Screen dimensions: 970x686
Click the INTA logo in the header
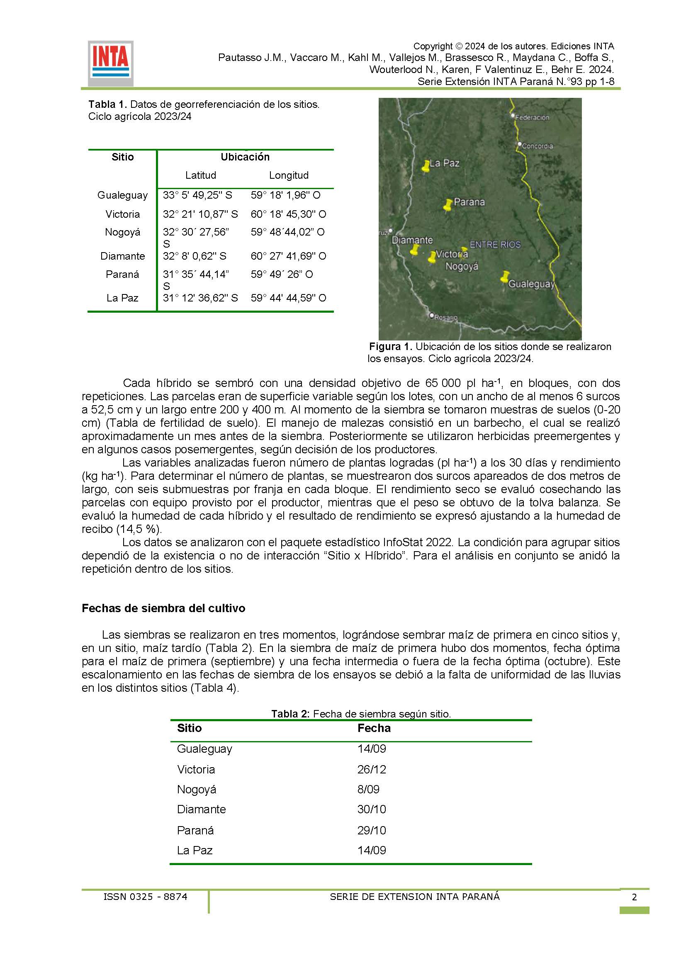point(111,63)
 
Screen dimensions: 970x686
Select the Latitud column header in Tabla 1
point(201,175)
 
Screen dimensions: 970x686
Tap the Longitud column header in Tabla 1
point(289,175)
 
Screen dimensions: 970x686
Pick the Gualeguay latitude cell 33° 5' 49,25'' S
point(197,195)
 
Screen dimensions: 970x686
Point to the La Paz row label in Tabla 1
point(122,298)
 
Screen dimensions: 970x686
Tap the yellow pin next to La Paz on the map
point(426,166)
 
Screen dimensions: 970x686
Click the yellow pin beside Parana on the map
point(448,205)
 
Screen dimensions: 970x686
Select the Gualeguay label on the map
point(531,284)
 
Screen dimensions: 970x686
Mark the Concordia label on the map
point(537,146)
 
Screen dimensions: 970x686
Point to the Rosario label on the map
point(446,317)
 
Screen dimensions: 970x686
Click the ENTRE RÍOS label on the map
point(495,245)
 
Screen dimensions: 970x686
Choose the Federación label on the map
point(532,118)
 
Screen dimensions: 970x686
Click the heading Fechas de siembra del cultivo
point(163,608)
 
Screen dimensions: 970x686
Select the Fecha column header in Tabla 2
point(374,728)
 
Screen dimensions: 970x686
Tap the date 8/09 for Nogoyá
point(368,789)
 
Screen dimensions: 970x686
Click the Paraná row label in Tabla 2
point(195,830)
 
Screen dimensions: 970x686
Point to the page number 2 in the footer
point(634,897)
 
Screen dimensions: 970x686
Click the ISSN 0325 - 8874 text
point(145,897)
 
